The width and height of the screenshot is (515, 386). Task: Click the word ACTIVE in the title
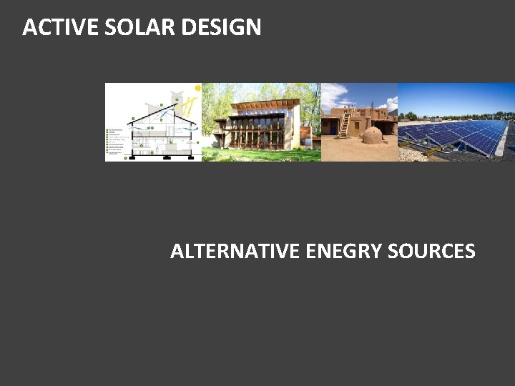click(x=51, y=28)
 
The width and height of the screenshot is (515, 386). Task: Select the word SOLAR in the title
click(x=131, y=28)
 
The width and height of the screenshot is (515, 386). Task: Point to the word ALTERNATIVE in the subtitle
click(x=235, y=252)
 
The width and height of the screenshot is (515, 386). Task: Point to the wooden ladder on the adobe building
click(x=345, y=126)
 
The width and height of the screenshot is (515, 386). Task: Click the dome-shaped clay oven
click(x=373, y=135)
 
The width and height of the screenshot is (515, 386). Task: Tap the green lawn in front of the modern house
click(x=261, y=154)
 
